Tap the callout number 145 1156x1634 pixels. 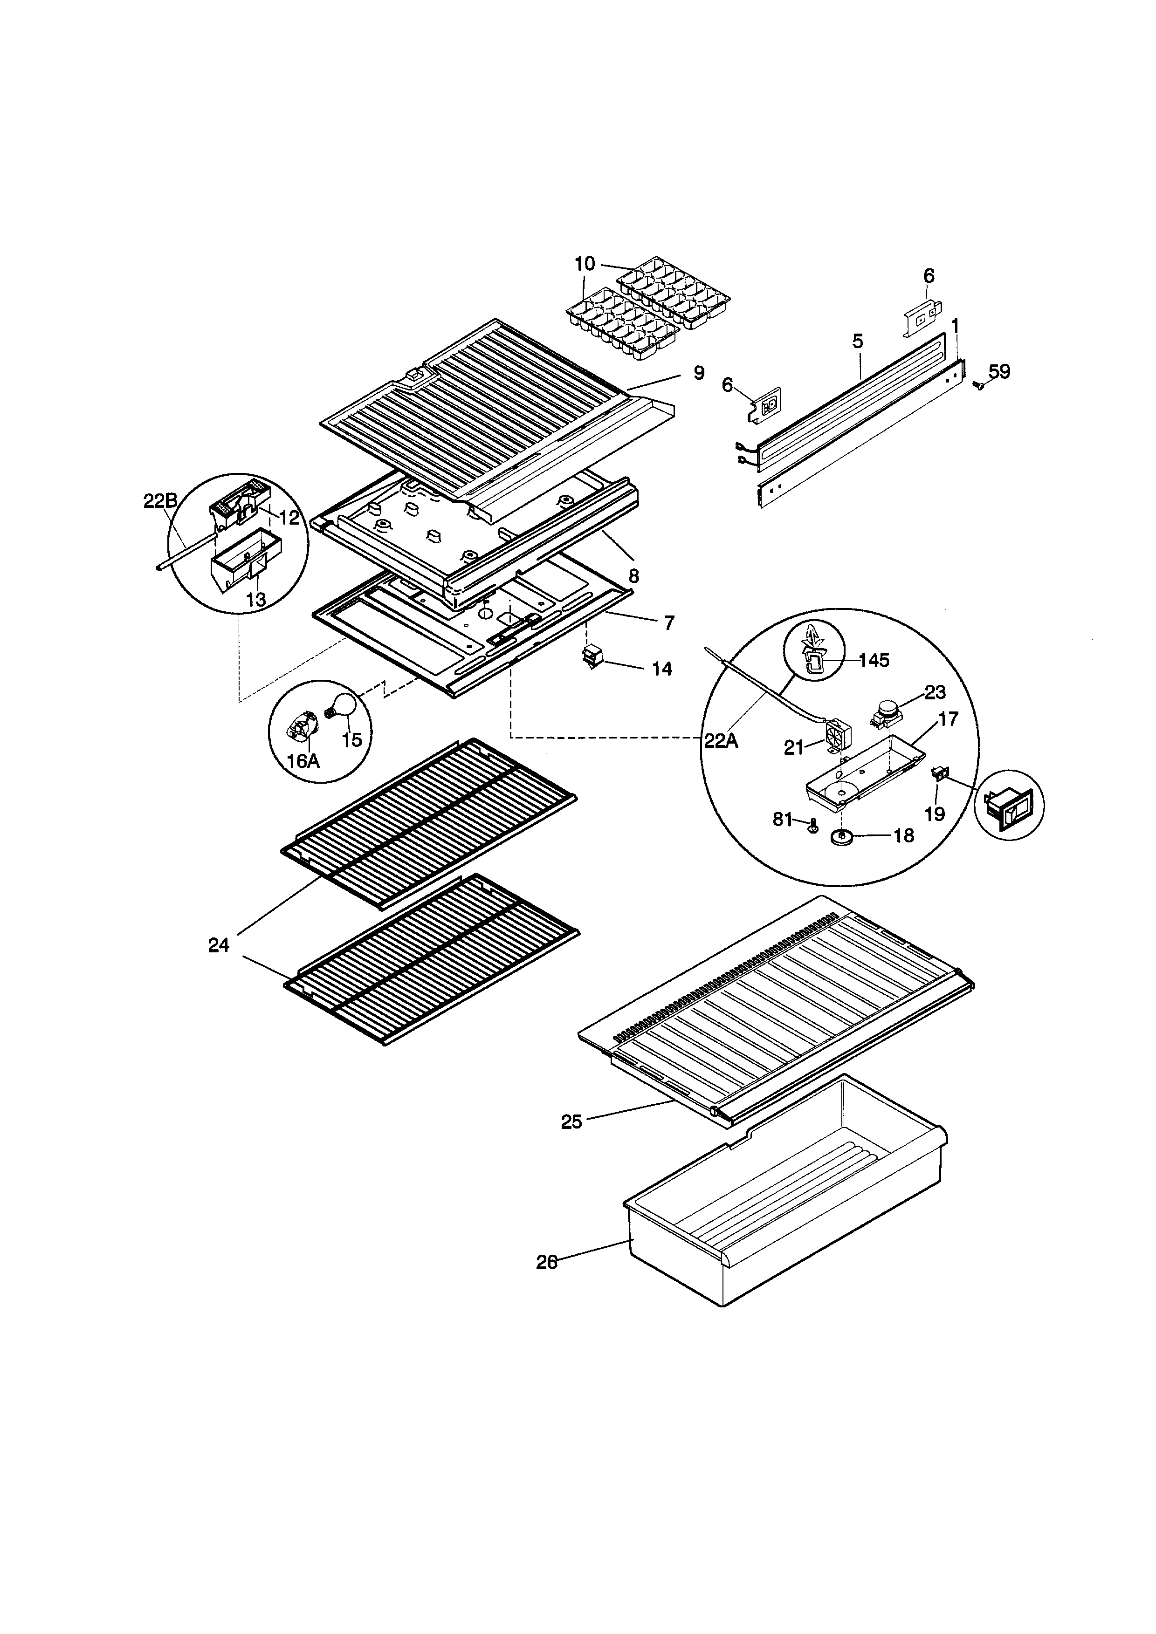point(874,660)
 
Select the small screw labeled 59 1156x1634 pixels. point(978,385)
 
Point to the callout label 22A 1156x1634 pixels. point(721,741)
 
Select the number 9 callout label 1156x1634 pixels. point(699,373)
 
